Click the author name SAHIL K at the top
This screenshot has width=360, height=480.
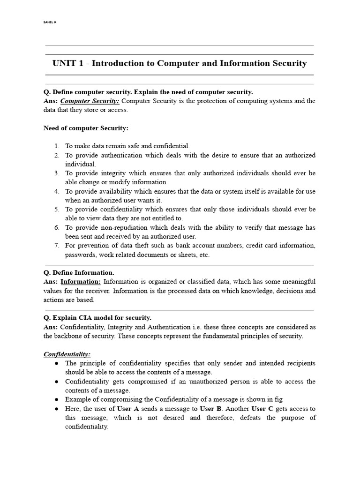pyautogui.click(x=50, y=22)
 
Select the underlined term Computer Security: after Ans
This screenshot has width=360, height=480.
pyautogui.click(x=90, y=101)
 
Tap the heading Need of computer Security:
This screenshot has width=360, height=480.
pyautogui.click(x=86, y=128)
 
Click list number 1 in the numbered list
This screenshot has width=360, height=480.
pyautogui.click(x=56, y=146)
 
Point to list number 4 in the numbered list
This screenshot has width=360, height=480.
pyautogui.click(x=56, y=191)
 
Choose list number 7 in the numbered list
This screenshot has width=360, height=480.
pyautogui.click(x=56, y=246)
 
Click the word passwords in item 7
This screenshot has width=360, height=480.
pyautogui.click(x=79, y=255)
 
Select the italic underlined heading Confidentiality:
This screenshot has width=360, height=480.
pyautogui.click(x=67, y=354)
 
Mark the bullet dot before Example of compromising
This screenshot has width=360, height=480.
pyautogui.click(x=56, y=399)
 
